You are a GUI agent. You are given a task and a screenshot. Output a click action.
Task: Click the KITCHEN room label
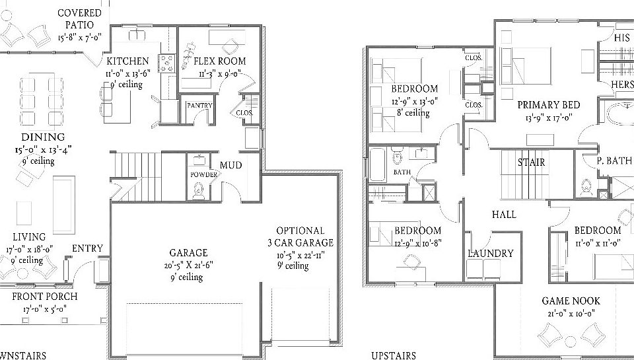point(127,61)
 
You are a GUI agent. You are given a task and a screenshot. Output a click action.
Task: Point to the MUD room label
point(230,165)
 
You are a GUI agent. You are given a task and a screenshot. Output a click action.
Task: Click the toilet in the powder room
point(197,190)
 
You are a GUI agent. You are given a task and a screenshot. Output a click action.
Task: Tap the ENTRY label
point(87,248)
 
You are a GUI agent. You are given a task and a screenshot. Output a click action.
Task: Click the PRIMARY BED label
point(548,105)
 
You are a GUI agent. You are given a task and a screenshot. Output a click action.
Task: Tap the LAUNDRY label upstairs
point(490,254)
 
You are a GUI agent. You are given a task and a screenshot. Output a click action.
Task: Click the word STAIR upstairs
point(531,162)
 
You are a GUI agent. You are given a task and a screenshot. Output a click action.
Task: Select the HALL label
point(503,215)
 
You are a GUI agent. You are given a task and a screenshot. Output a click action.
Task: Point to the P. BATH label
point(614,161)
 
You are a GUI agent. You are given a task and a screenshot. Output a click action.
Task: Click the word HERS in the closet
point(621,86)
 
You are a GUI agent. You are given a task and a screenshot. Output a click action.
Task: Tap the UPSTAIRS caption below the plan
point(394,355)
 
